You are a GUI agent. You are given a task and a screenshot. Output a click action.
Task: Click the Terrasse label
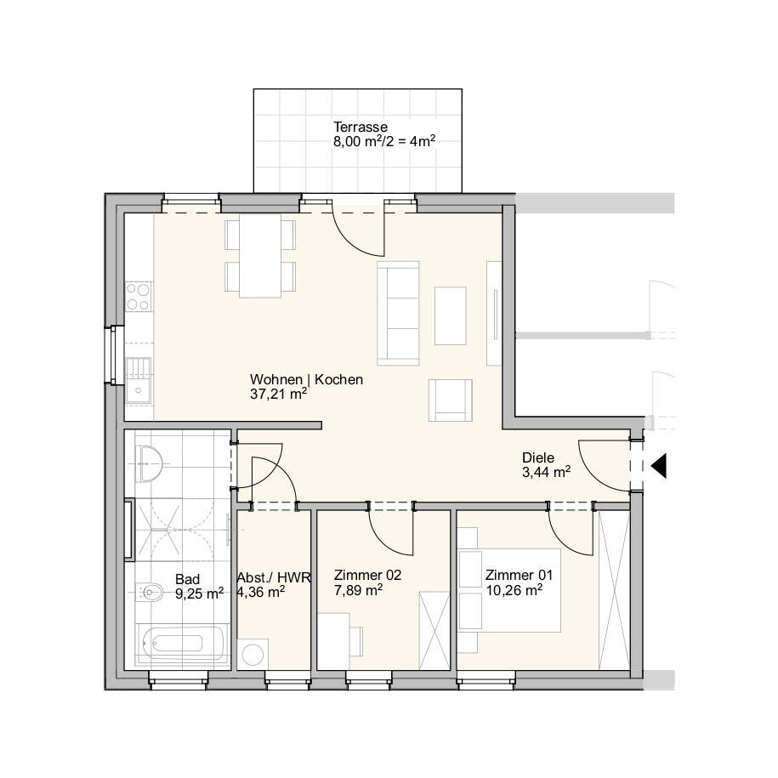pyautogui.click(x=358, y=128)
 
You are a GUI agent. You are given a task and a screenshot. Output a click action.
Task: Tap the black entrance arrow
pyautogui.click(x=659, y=466)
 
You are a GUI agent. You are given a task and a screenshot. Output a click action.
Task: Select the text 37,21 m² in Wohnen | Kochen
pyautogui.click(x=278, y=394)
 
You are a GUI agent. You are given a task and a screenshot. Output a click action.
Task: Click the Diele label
pyautogui.click(x=538, y=457)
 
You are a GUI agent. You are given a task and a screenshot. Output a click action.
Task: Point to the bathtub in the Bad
pyautogui.click(x=182, y=644)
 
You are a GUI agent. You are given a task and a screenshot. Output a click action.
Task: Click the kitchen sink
pyautogui.click(x=138, y=379)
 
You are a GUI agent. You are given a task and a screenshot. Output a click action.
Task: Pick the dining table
pyautogui.click(x=260, y=255)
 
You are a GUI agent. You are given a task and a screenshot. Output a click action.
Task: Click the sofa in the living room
pyautogui.click(x=399, y=312)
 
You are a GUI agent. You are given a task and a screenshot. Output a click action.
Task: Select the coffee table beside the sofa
pyautogui.click(x=451, y=315)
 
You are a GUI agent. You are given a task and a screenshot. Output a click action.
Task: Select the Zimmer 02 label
pyautogui.click(x=367, y=575)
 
